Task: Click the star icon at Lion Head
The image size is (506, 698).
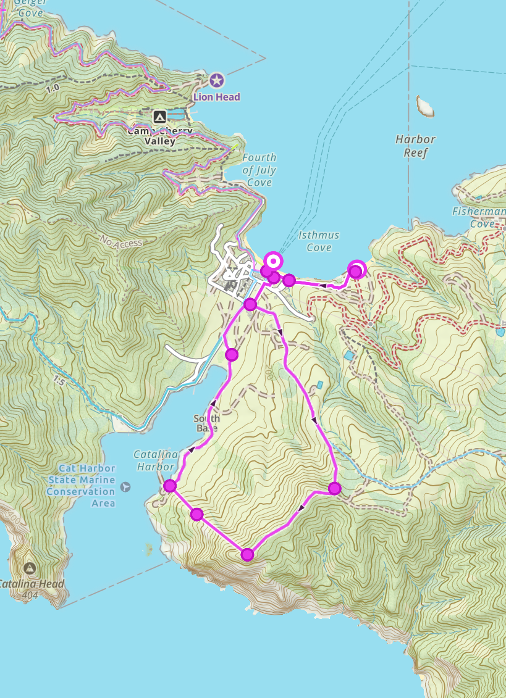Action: (x=216, y=80)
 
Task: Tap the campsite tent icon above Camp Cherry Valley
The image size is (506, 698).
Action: (x=160, y=116)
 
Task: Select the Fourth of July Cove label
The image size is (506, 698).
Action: (x=259, y=170)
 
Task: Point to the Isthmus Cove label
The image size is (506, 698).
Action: (x=319, y=241)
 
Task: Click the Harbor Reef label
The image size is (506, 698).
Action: (x=416, y=146)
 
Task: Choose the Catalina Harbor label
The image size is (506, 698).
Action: (x=154, y=460)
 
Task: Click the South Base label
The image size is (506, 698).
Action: (x=207, y=423)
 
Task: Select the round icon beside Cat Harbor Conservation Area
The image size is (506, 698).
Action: (x=126, y=486)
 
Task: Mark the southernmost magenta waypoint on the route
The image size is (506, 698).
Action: (x=247, y=554)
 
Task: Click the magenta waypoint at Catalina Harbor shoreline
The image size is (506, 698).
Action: (x=171, y=486)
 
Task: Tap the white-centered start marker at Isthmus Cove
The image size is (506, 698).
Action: (x=272, y=260)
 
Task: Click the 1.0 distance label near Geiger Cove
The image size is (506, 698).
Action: (x=52, y=88)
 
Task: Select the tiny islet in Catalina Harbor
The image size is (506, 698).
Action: (x=148, y=547)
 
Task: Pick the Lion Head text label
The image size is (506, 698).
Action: (x=216, y=97)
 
